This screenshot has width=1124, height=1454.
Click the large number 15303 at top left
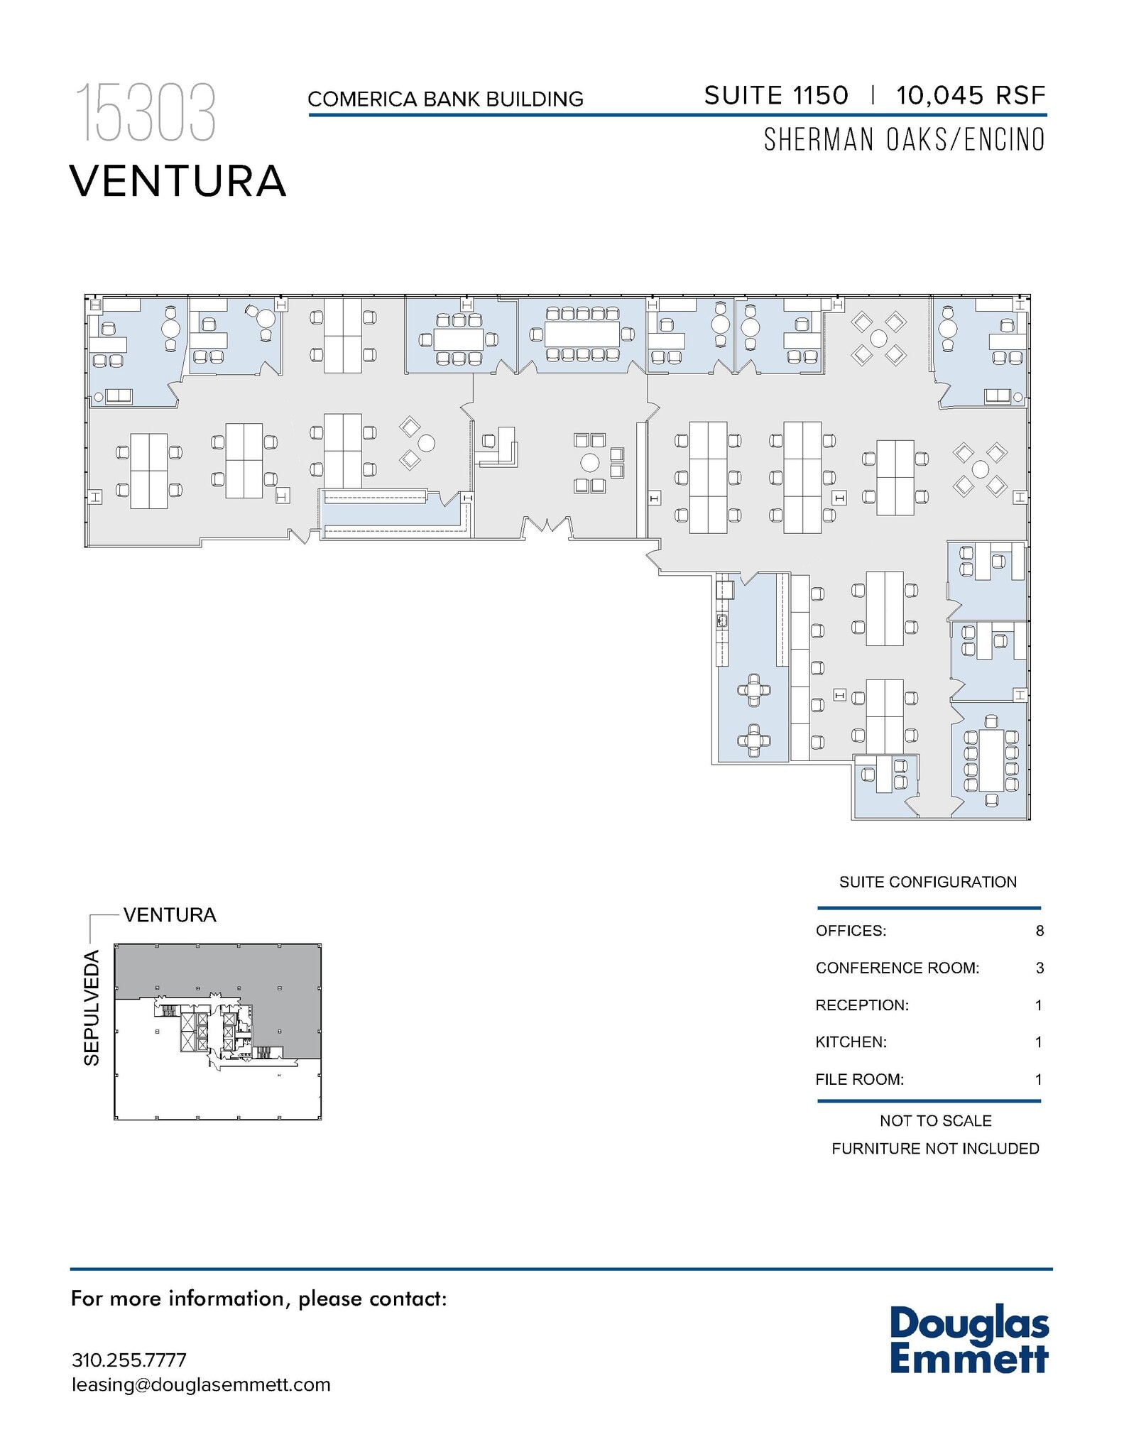tap(146, 114)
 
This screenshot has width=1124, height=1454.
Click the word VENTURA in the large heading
tap(178, 182)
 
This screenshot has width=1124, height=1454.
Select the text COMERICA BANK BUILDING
tap(445, 99)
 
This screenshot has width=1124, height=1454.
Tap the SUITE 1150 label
tap(775, 96)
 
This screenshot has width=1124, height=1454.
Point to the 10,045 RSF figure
tap(970, 96)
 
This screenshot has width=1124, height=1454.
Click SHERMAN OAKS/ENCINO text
tap(904, 141)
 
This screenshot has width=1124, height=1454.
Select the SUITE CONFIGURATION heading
tap(927, 882)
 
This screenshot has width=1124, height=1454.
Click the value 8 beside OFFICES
tap(1039, 931)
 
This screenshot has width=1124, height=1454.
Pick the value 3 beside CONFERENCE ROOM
tap(1039, 968)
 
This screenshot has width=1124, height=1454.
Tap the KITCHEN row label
tap(851, 1042)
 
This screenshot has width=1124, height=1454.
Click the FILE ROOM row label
tap(859, 1080)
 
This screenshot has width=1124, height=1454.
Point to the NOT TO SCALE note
tap(935, 1121)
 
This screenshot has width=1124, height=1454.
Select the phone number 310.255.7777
tap(129, 1360)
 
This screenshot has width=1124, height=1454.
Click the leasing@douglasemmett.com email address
tap(201, 1385)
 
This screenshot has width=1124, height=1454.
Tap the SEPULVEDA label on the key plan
tap(92, 1007)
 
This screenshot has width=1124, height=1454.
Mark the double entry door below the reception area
tap(547, 528)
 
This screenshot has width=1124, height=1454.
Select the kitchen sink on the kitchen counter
tap(722, 621)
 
